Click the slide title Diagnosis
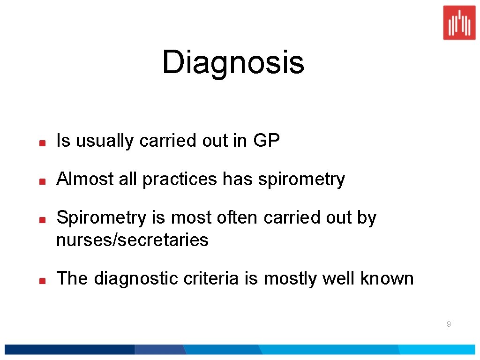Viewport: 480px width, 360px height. (233, 63)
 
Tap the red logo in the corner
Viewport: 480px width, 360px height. (459, 22)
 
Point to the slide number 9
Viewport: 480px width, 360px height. (449, 324)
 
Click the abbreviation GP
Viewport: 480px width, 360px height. (266, 141)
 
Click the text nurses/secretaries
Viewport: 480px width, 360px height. (132, 240)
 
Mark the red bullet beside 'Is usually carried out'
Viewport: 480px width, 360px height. (42, 142)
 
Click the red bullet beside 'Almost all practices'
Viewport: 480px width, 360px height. (42, 180)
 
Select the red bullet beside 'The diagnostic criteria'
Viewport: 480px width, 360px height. (42, 280)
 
